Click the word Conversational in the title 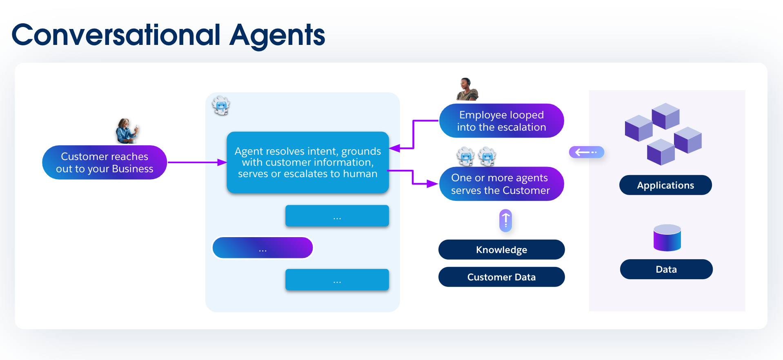coord(116,35)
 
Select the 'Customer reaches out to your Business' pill coord(105,162)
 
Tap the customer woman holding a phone coord(127,131)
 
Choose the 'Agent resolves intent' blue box coord(307,162)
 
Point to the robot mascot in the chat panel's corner coord(221,105)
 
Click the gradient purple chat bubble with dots coord(262,248)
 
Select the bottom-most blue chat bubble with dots coord(337,280)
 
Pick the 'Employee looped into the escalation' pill coord(501,121)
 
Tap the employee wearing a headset coord(467,89)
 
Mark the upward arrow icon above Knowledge coord(505,221)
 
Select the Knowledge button coord(501,250)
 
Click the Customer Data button coord(501,277)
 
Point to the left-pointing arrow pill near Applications coord(586,152)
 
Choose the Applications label coord(665,185)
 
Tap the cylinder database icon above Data coord(667,238)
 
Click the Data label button coord(666,269)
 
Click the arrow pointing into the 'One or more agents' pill coord(425,184)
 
